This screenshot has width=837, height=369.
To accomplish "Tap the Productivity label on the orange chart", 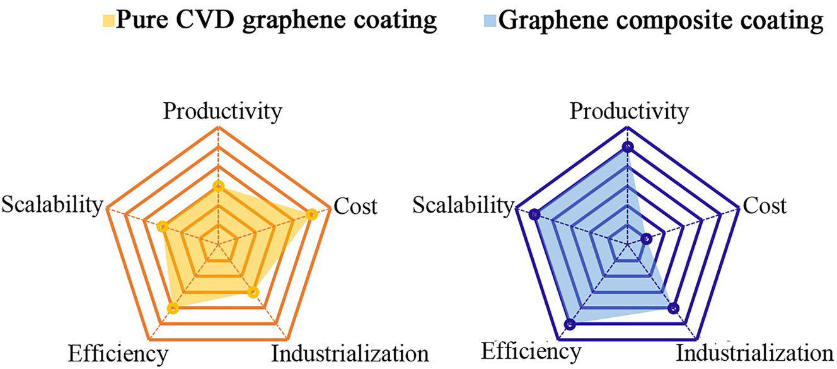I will [221, 112].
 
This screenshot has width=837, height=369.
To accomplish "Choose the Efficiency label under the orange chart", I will [118, 353].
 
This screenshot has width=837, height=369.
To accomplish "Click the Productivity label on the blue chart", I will [629, 112].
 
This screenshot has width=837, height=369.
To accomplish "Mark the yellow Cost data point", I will [311, 214].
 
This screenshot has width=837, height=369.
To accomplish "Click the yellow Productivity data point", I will [218, 186].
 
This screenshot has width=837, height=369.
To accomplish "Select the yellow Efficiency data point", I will [174, 308].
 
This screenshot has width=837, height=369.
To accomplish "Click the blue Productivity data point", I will [626, 147].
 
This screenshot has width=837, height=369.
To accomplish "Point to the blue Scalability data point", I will [534, 214].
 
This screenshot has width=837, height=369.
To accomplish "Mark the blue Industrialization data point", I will [673, 308].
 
